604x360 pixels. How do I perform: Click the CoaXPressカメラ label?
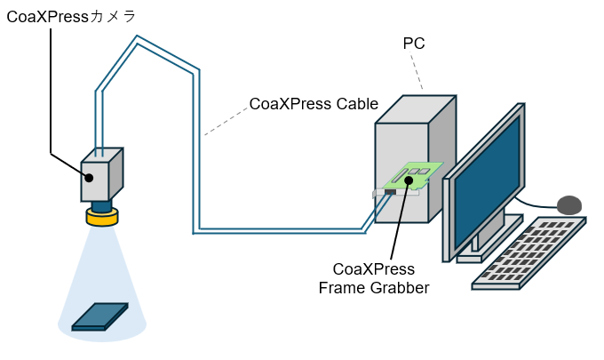tap(71, 16)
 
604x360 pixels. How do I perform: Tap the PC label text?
tap(414, 44)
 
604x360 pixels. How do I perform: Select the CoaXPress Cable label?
tap(314, 104)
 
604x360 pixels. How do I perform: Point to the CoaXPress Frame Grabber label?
tap(373, 278)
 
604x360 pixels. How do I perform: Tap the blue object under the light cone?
tap(99, 316)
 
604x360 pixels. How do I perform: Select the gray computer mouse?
tap(569, 205)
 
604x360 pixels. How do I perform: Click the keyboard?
tap(529, 252)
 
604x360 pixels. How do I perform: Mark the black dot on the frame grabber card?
tap(409, 180)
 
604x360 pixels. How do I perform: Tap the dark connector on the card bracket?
tap(390, 192)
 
